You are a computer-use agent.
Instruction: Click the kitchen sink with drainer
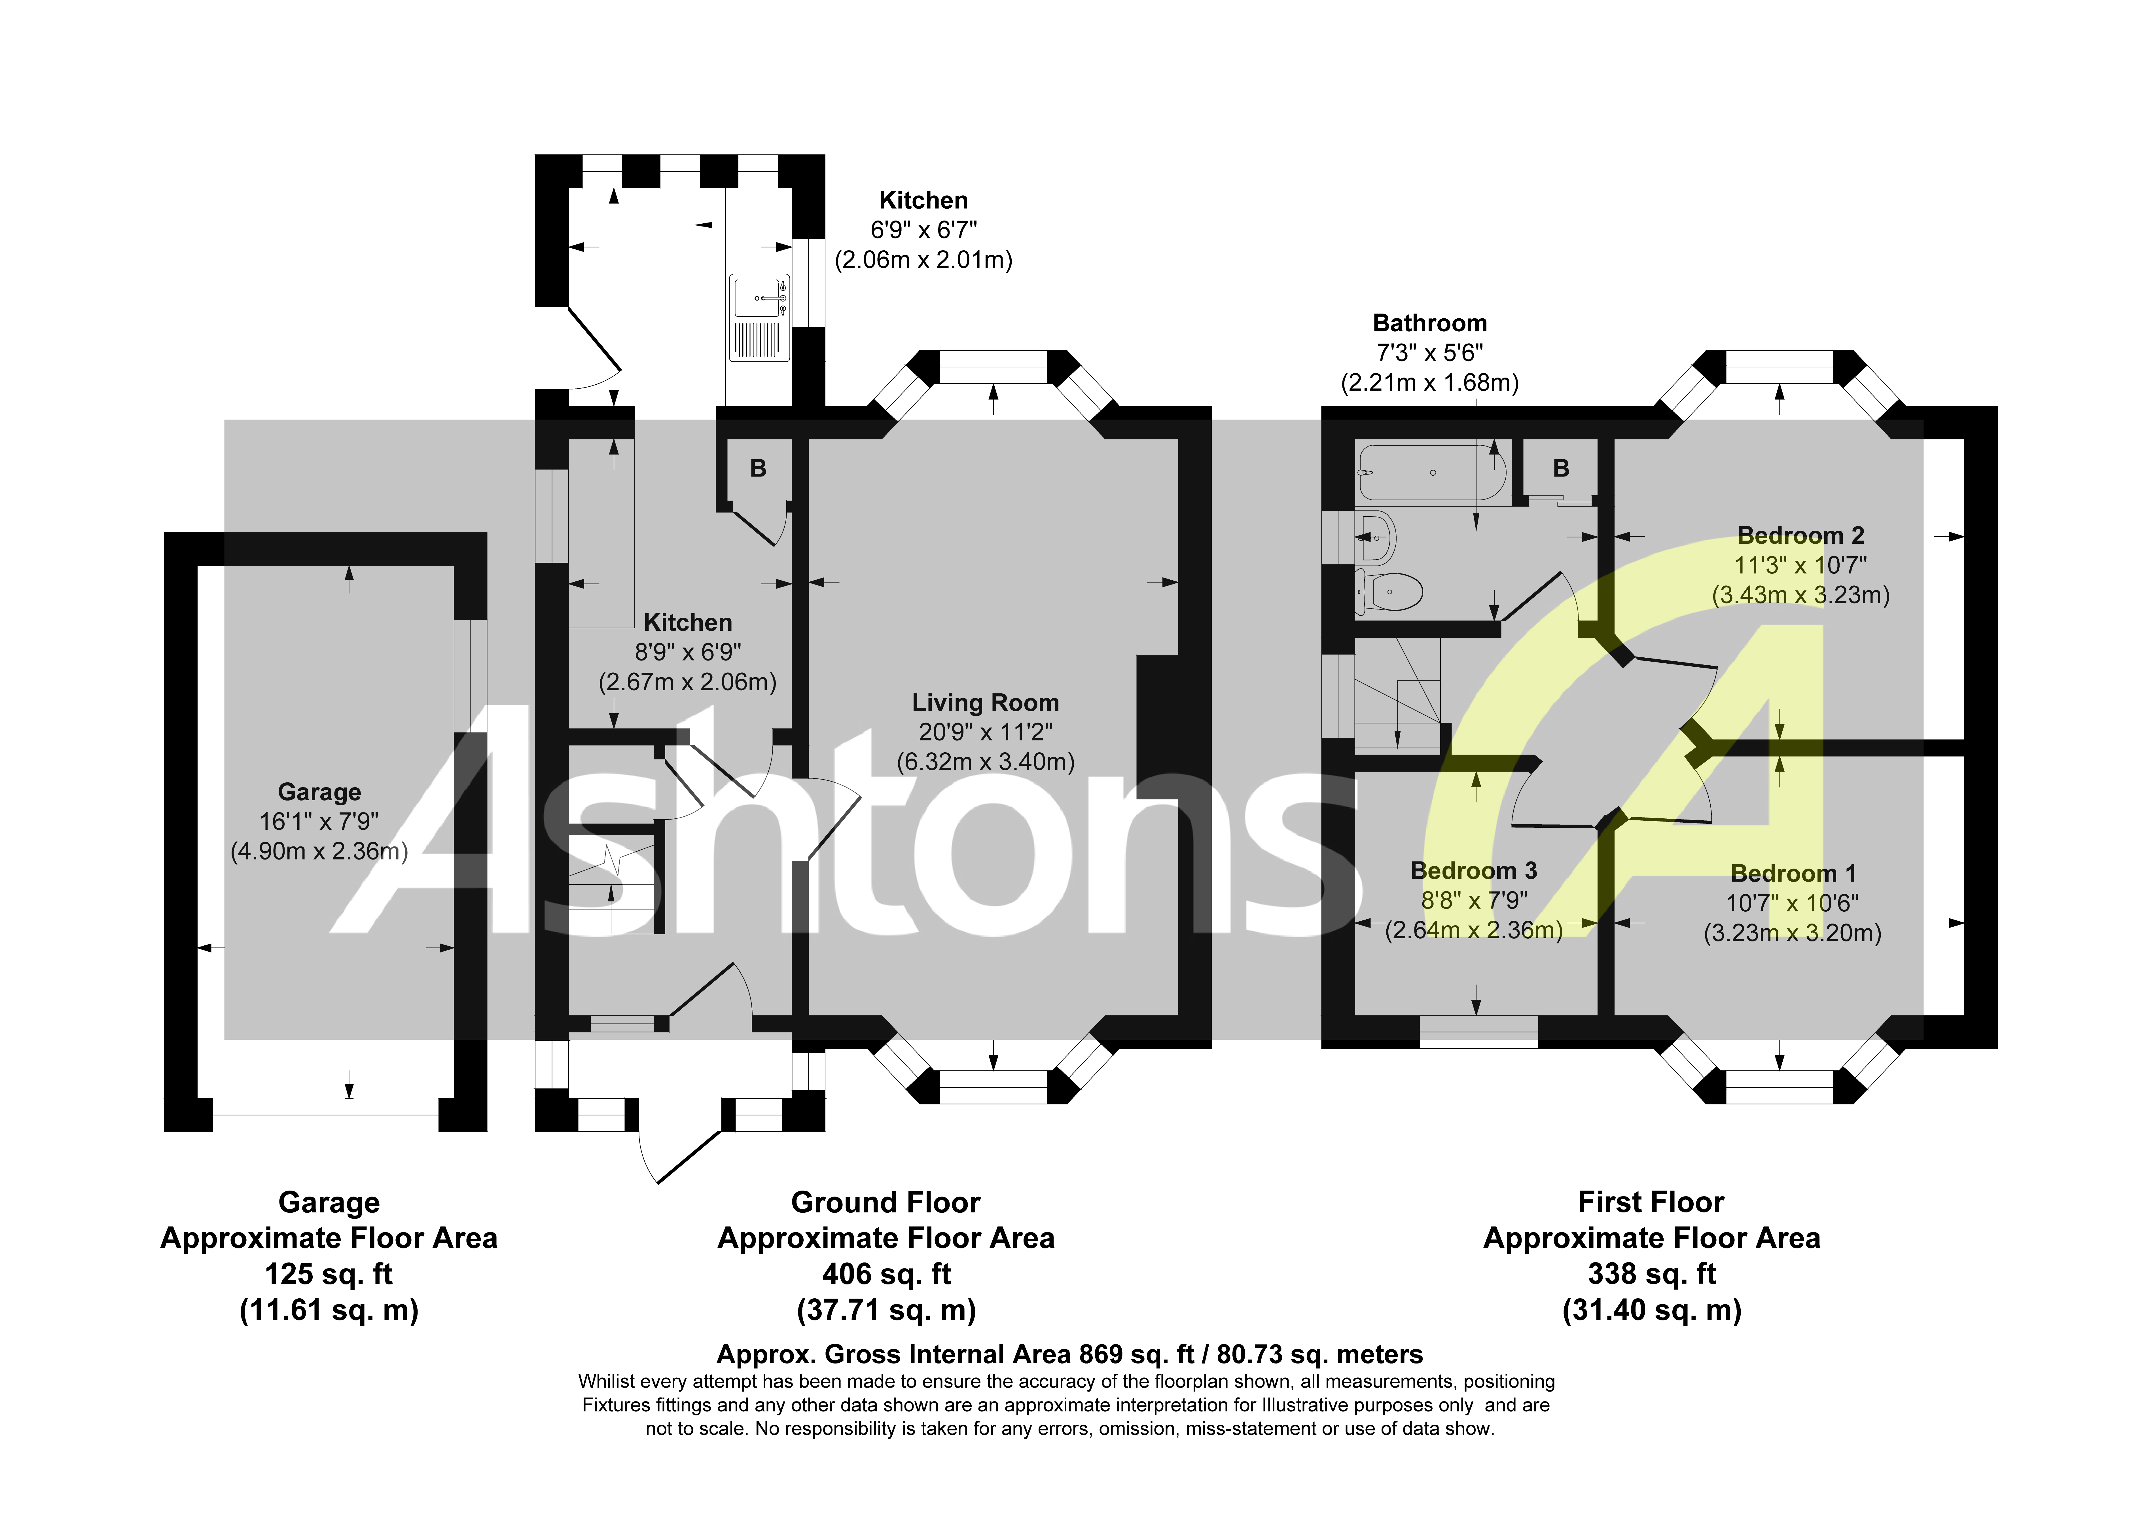pos(759,318)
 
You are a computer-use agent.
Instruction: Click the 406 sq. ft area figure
pos(886,1274)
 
